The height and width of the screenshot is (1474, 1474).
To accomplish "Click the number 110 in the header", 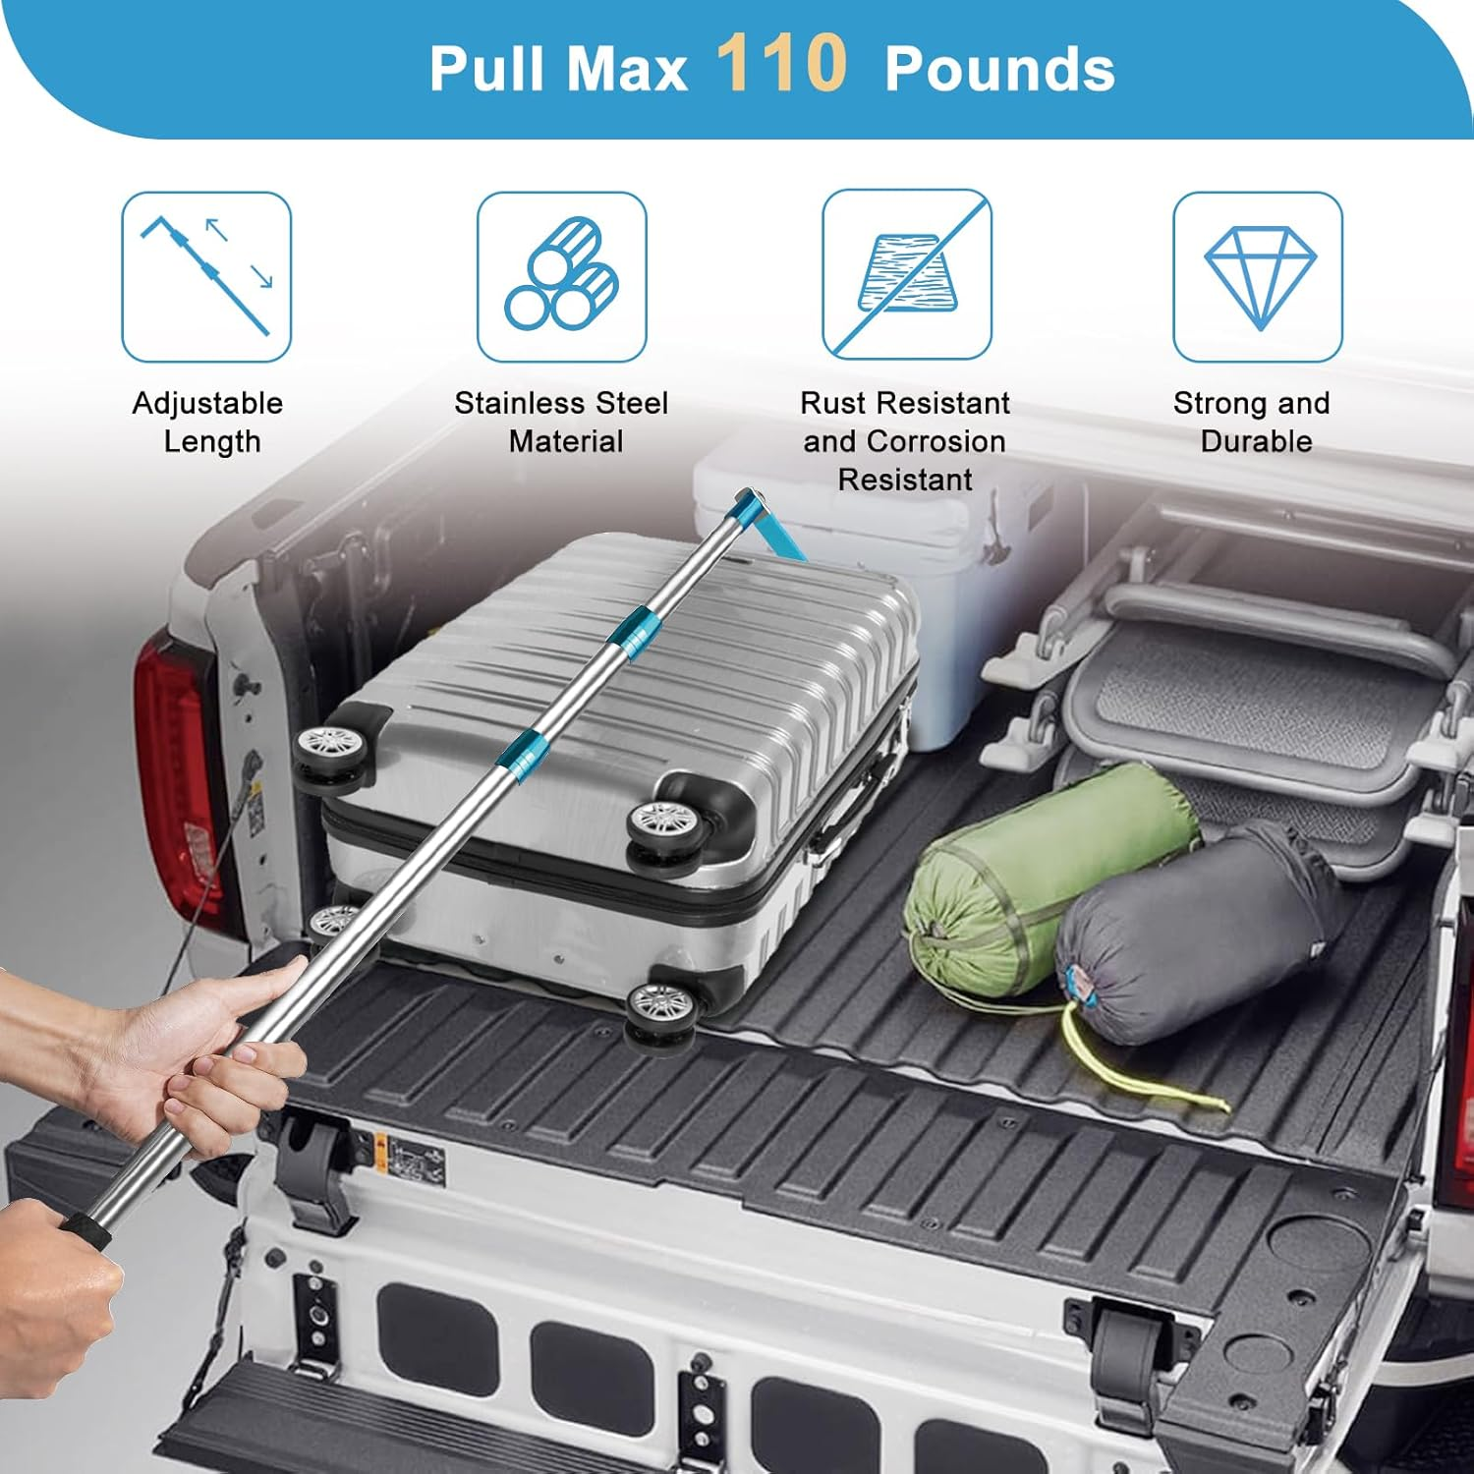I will (x=781, y=65).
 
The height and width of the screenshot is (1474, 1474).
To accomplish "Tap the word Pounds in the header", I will (x=999, y=70).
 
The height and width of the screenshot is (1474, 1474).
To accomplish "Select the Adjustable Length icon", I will (x=206, y=276).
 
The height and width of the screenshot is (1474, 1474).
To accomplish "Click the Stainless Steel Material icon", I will (x=561, y=276).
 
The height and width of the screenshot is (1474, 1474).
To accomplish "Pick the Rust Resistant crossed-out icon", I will (x=906, y=274).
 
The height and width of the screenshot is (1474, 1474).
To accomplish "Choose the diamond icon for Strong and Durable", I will (x=1258, y=276).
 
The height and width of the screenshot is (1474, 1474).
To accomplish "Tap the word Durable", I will (x=1256, y=441).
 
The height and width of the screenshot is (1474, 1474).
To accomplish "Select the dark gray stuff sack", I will (x=1199, y=934).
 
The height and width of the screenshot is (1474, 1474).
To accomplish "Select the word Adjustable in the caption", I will (x=207, y=403).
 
